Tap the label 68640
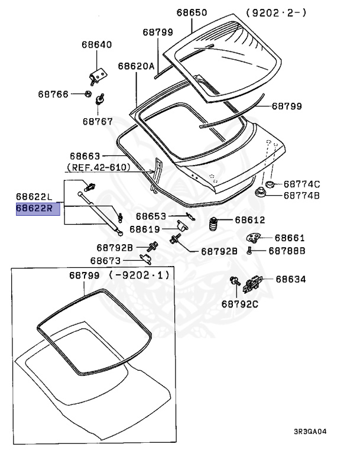97,45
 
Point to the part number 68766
54,94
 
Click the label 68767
98,121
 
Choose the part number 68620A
136,66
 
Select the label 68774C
301,184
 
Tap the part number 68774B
301,195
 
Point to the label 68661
290,238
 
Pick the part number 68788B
287,251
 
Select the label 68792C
241,304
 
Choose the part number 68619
144,229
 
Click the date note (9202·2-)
268,13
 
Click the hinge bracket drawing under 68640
98,74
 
